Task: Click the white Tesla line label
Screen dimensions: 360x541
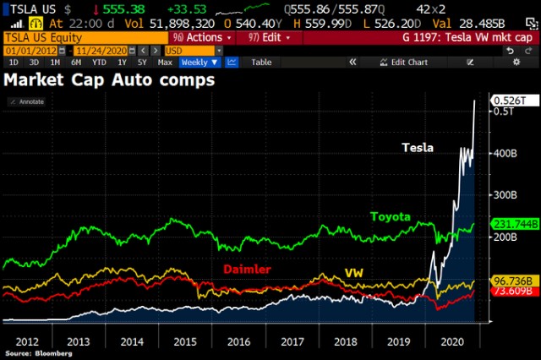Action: pyautogui.click(x=418, y=148)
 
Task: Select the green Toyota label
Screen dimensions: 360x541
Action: pyautogui.click(x=391, y=217)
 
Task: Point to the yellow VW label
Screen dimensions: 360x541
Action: pyautogui.click(x=353, y=274)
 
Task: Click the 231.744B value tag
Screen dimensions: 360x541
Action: pyautogui.click(x=513, y=222)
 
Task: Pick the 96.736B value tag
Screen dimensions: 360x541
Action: pyautogui.click(x=511, y=280)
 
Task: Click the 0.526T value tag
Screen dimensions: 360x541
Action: pyautogui.click(x=510, y=100)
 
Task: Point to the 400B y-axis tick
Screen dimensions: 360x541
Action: pyautogui.click(x=505, y=153)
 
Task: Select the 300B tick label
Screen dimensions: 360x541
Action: pyautogui.click(x=505, y=195)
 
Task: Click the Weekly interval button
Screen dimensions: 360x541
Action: pyautogui.click(x=199, y=63)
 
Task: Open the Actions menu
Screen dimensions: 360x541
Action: pyautogui.click(x=201, y=38)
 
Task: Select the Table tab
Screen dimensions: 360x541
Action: pyautogui.click(x=261, y=63)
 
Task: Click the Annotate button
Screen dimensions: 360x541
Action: pyautogui.click(x=29, y=101)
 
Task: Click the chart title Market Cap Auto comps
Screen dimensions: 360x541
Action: pyautogui.click(x=110, y=81)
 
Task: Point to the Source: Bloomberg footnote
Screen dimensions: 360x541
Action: pyautogui.click(x=37, y=354)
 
